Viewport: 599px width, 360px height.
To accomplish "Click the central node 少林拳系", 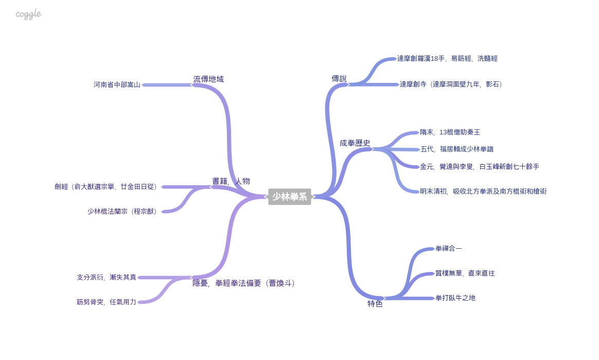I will pyautogui.click(x=289, y=197).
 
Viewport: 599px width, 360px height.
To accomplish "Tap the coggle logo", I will pyautogui.click(x=28, y=14).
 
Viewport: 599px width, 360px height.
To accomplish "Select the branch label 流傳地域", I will pyautogui.click(x=208, y=79).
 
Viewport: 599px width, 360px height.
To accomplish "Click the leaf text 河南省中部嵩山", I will pyautogui.click(x=117, y=84).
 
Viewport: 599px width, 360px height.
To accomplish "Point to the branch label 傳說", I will pyautogui.click(x=339, y=79).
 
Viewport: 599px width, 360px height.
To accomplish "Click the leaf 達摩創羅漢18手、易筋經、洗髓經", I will pyautogui.click(x=447, y=59).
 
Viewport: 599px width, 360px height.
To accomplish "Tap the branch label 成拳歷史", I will pyautogui.click(x=355, y=143).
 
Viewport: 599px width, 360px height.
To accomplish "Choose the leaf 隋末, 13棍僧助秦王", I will pyautogui.click(x=450, y=132).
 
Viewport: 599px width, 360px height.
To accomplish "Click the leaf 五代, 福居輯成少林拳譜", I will pyautogui.click(x=456, y=149).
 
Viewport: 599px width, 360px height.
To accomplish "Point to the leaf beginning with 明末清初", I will pyautogui.click(x=483, y=191).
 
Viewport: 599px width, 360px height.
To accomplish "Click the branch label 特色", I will pyautogui.click(x=375, y=304).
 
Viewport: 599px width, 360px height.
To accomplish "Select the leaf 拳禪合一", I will pyautogui.click(x=449, y=248).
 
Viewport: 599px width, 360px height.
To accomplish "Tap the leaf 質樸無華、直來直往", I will pyautogui.click(x=465, y=273).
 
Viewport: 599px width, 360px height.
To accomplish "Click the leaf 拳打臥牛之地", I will pyautogui.click(x=455, y=298).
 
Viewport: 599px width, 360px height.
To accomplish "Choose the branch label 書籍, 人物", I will pyautogui.click(x=231, y=181).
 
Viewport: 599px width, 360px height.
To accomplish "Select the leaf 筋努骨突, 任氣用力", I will pyautogui.click(x=107, y=302).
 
